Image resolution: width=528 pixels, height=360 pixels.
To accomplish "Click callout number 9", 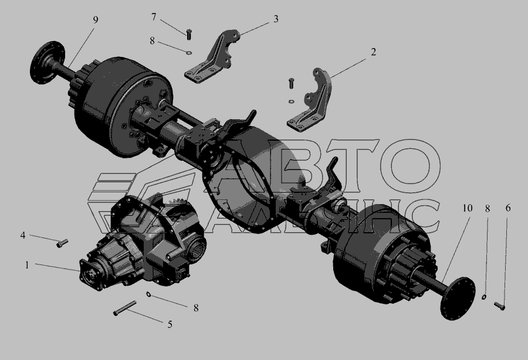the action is point(96,20).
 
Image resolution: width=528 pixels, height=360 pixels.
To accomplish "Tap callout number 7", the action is point(154,17).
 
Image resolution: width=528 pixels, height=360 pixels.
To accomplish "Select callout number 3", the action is point(276,19).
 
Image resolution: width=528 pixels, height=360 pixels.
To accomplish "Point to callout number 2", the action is point(373,52).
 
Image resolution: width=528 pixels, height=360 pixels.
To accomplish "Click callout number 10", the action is point(468,208).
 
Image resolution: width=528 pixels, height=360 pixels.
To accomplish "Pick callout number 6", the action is point(508,208).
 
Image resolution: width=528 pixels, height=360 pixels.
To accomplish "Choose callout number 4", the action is point(22,235).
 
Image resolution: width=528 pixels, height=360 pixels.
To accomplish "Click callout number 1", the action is point(27,265).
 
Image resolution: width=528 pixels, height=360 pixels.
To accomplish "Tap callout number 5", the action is point(170,324).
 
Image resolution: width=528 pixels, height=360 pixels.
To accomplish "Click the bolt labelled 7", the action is point(188,34).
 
